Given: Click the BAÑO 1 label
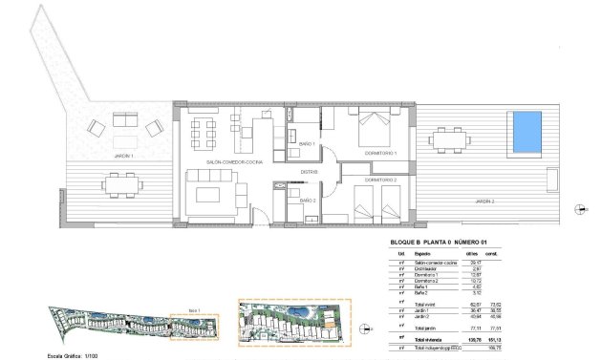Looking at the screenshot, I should (307, 143).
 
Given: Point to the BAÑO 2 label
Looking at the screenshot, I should (307, 201).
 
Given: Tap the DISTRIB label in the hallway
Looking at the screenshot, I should (309, 172).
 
